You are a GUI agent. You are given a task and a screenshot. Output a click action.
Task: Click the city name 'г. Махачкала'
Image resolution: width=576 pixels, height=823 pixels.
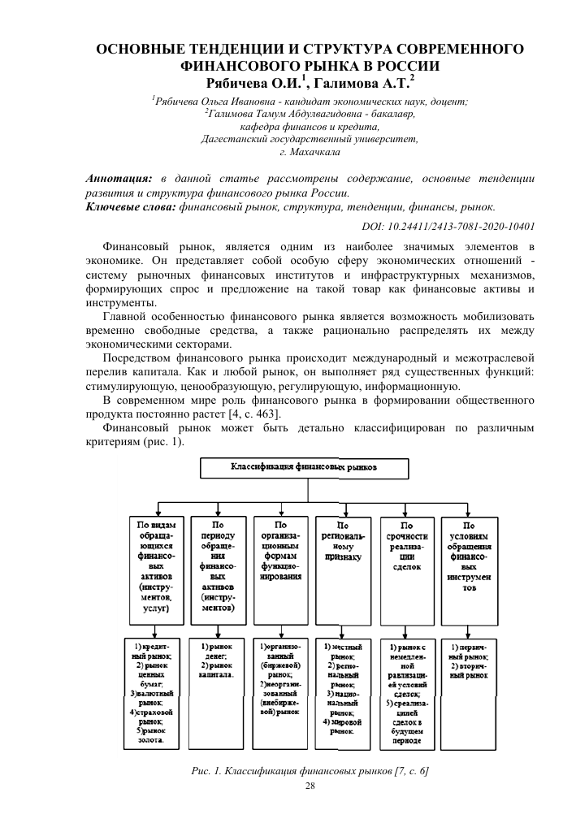pos(310,152)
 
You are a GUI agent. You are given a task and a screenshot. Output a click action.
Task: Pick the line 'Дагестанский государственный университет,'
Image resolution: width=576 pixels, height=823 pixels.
pos(310,139)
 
